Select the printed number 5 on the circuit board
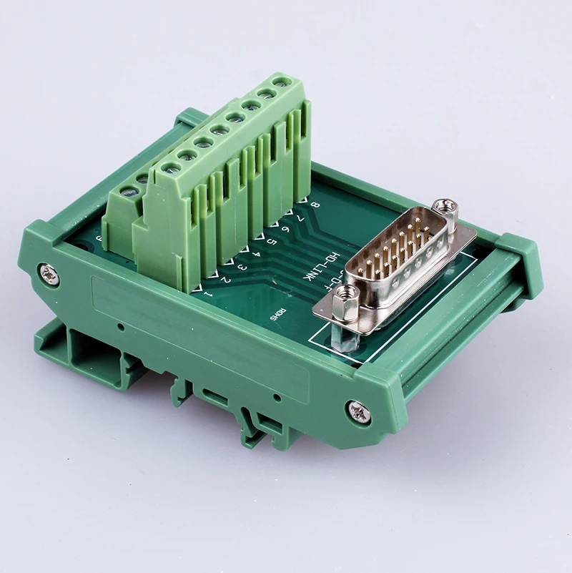(x=271, y=242)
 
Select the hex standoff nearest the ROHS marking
(x=347, y=293)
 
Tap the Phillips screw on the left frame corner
(x=49, y=273)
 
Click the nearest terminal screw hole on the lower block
(x=129, y=192)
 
